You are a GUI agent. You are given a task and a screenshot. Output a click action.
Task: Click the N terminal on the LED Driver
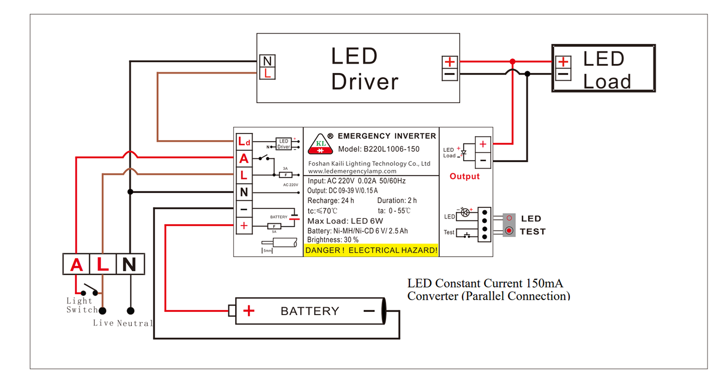coord(268,61)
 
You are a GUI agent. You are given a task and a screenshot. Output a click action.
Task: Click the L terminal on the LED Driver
coord(268,73)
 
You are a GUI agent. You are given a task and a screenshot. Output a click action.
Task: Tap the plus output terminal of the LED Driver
coord(449,62)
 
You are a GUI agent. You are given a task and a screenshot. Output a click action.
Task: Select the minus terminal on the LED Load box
coord(563,75)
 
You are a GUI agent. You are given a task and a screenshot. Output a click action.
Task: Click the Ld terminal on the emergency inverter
coord(244,142)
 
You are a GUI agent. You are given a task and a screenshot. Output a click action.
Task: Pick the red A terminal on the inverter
coord(244,159)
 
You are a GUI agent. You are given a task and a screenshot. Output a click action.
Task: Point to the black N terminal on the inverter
coord(244,192)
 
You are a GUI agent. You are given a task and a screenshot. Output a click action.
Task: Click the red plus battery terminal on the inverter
coord(244,226)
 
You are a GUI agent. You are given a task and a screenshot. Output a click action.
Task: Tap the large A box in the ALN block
coord(76,264)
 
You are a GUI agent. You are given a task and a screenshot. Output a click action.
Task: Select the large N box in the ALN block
coord(130,264)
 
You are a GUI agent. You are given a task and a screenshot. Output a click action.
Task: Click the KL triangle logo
coord(320,144)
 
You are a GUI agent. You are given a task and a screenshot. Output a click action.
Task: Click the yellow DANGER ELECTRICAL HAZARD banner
coord(371,250)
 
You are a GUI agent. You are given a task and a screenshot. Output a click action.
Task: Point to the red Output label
coord(464,176)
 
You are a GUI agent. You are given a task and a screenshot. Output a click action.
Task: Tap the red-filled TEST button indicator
coord(509,231)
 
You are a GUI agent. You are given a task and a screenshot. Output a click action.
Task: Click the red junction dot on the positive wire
coord(513,61)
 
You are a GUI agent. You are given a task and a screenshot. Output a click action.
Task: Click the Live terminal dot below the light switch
coord(103,311)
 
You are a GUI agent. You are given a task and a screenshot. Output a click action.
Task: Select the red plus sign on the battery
coord(249,310)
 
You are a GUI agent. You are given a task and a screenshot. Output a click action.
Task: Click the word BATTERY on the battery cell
coord(310,311)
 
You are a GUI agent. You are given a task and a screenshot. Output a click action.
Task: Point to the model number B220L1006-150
coord(391,149)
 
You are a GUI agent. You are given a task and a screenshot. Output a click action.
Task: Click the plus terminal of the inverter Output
coord(483,145)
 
